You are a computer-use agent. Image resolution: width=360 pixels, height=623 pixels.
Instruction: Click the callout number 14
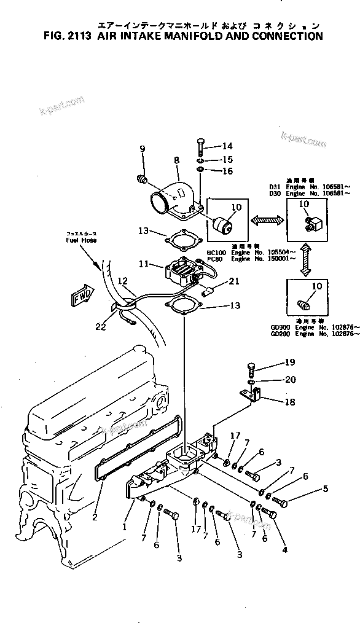[211, 146]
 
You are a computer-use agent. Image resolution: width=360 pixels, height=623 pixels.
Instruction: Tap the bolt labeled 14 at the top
[200, 148]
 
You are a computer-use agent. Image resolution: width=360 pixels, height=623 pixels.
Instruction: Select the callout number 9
[143, 149]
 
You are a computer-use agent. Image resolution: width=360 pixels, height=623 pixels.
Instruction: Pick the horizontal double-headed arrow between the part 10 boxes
[266, 218]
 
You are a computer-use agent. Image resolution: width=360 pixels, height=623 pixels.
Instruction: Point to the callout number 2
[95, 517]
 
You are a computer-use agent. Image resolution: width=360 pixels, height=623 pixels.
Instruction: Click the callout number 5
[325, 489]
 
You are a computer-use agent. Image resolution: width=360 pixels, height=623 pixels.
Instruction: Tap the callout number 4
[284, 549]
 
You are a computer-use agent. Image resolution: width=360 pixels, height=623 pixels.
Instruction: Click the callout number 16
[211, 171]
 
